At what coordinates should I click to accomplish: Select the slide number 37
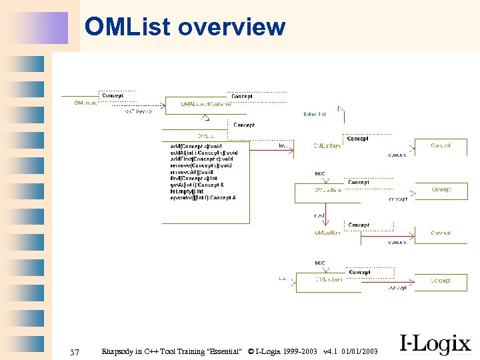pyautogui.click(x=75, y=351)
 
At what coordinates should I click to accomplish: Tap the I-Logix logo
pyautogui.click(x=435, y=344)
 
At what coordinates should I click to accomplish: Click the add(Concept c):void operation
pyautogui.click(x=196, y=147)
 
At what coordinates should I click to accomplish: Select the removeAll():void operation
pyautogui.click(x=191, y=172)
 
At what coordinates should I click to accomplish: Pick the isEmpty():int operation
pyautogui.click(x=187, y=191)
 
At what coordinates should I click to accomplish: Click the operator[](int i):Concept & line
pyautogui.click(x=203, y=197)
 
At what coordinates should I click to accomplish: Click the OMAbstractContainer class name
pyautogui.click(x=207, y=104)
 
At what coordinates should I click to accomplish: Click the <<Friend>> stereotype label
pyautogui.click(x=138, y=112)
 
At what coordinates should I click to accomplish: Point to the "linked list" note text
pyautogui.click(x=315, y=115)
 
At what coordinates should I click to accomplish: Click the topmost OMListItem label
pyautogui.click(x=327, y=146)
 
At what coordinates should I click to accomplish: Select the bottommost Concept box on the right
pyautogui.click(x=440, y=281)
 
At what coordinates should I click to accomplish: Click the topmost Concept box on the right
pyautogui.click(x=440, y=145)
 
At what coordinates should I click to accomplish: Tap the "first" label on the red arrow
pyautogui.click(x=283, y=145)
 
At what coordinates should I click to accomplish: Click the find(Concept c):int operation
pyautogui.click(x=193, y=178)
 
